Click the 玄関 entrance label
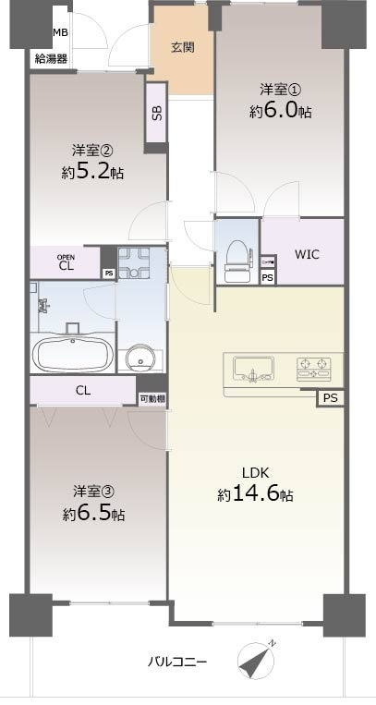tap(181, 47)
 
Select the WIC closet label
tap(307, 254)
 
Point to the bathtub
tap(73, 355)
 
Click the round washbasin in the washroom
tap(140, 358)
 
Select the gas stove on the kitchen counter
tap(314, 370)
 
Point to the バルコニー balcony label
tap(178, 662)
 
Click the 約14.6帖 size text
tap(256, 495)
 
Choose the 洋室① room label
tap(279, 90)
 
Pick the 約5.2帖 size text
tap(93, 172)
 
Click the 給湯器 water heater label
tap(50, 58)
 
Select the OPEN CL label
tap(66, 263)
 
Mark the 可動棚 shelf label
tap(152, 398)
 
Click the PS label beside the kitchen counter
tap(331, 398)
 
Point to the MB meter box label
tap(60, 33)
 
